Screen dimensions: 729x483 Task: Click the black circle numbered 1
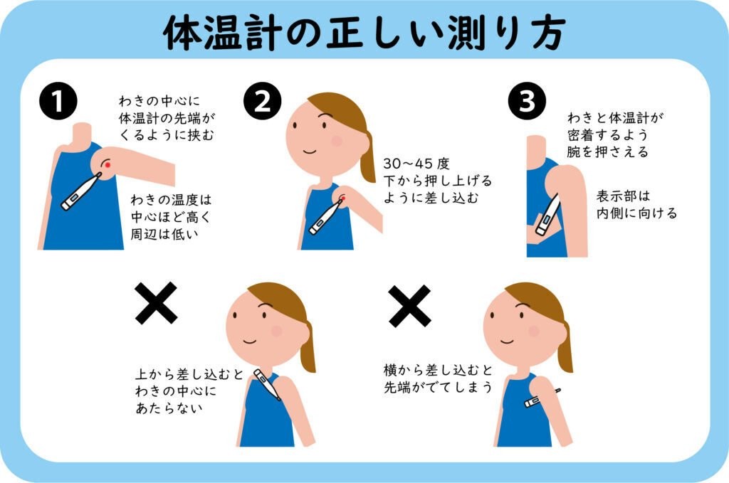[x=58, y=101]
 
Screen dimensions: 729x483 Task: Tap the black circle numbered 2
[x=263, y=101]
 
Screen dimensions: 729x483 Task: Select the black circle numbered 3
[x=527, y=101]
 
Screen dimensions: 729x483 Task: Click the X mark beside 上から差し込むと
[x=156, y=303]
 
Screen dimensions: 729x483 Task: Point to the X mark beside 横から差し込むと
[x=409, y=307]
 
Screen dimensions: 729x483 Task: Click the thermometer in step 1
[x=81, y=191]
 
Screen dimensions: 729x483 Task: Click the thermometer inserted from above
[x=267, y=385]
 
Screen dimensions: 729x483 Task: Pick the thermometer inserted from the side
[x=542, y=398]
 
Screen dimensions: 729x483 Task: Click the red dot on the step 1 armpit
[x=108, y=164]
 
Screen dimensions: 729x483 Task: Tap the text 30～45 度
[x=416, y=164]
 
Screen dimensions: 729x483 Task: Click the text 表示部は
[x=623, y=196]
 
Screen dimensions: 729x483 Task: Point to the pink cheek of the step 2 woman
[x=337, y=141]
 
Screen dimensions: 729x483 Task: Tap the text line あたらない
[x=169, y=408]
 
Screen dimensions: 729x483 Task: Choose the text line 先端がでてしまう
[x=438, y=387]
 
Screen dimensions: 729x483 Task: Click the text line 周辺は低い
[x=164, y=234]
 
